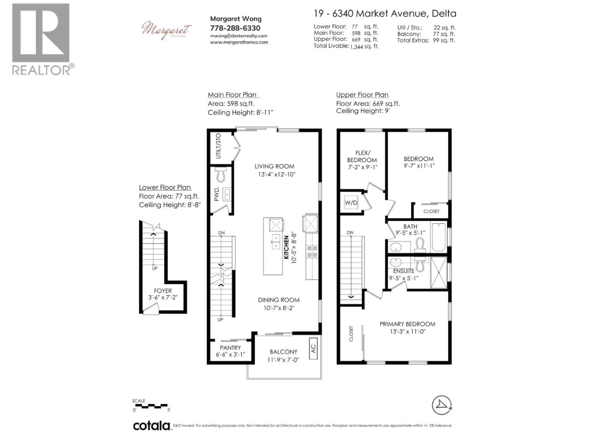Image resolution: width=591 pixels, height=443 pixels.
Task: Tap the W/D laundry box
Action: tap(351, 203)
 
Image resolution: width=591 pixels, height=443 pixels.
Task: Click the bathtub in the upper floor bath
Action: tap(439, 237)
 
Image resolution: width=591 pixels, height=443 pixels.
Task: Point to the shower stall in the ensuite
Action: tap(438, 273)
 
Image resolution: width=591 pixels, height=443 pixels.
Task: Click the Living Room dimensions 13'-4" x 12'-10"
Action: tap(277, 175)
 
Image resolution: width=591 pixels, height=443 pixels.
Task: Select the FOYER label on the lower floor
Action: tap(163, 291)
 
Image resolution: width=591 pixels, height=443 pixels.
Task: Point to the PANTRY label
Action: tap(230, 348)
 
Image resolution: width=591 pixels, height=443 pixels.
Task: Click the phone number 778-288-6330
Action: tap(235, 28)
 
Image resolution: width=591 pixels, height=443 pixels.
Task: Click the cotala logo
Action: tap(151, 426)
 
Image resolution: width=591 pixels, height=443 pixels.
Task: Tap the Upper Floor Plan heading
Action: tap(362, 95)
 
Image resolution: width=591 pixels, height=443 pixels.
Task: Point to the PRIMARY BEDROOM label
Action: tap(407, 324)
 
